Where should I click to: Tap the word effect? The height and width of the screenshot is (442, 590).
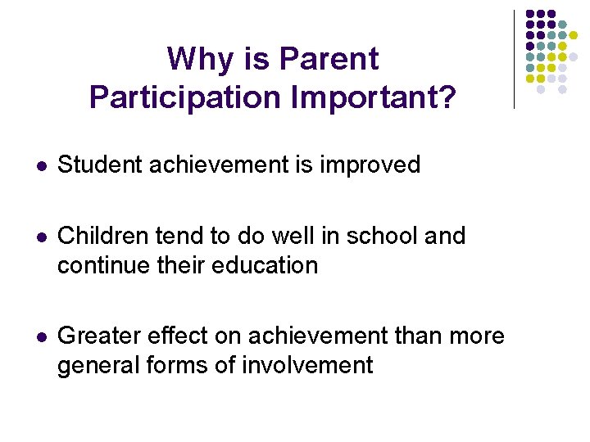(x=188, y=336)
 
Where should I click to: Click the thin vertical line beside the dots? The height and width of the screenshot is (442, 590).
(x=514, y=59)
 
